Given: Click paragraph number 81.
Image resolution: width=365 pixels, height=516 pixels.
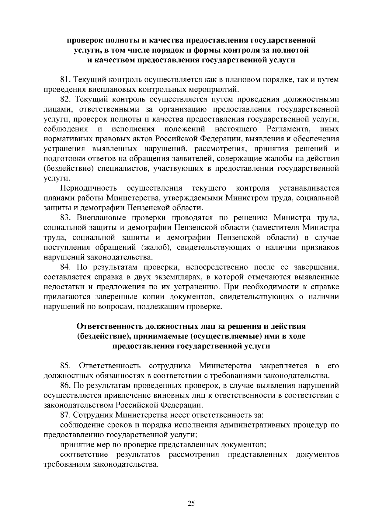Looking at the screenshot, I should [65, 80].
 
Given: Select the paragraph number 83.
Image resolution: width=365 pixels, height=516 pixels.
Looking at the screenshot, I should [65, 218].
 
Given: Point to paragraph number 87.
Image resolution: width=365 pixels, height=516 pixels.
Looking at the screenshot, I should [65, 415].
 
